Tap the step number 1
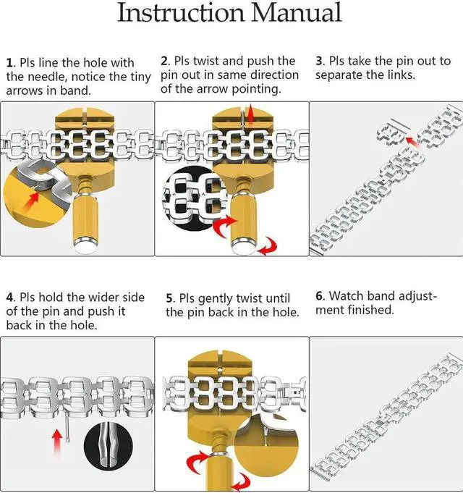tap(9, 62)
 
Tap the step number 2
tap(164, 61)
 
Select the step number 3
tap(319, 61)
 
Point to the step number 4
tap(10, 298)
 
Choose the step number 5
tap(169, 298)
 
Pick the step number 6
tap(319, 295)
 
